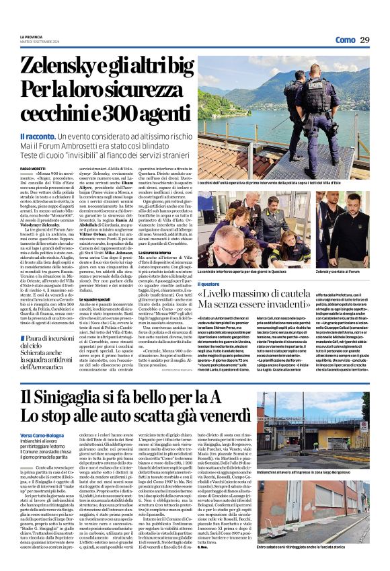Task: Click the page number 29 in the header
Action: [x=364, y=40]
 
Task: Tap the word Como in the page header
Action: [x=345, y=40]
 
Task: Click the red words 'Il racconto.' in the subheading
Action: [x=36, y=137]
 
